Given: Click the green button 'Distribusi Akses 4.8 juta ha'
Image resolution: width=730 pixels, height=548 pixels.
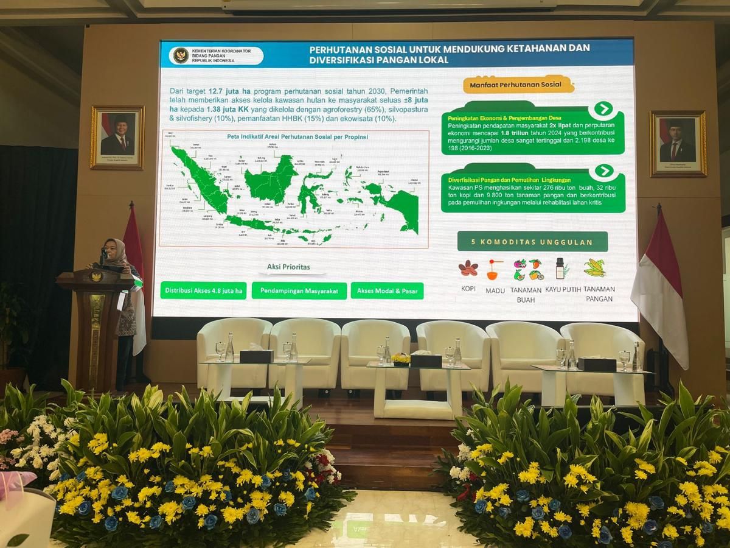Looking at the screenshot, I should [204, 290].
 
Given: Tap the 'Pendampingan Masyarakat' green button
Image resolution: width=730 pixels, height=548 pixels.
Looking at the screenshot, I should [299, 291].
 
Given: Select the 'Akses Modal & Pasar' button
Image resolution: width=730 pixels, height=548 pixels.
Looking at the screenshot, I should [387, 291].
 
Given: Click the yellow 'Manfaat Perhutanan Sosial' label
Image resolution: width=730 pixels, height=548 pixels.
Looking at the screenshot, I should [518, 84].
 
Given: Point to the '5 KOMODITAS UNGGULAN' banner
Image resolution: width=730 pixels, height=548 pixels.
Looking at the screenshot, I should [532, 242].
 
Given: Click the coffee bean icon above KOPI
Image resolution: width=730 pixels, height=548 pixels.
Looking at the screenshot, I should [468, 268].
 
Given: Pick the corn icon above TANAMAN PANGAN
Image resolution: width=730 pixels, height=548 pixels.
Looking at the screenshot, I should [594, 267].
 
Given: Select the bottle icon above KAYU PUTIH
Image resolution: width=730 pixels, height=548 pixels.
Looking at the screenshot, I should [560, 268].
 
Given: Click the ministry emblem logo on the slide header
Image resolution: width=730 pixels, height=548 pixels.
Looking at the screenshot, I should [181, 55].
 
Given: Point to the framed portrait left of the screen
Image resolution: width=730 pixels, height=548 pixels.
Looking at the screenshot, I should [117, 138].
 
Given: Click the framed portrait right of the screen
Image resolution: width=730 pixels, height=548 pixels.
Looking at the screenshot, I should [678, 144].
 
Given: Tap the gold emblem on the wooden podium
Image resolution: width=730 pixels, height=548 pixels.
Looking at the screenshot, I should [96, 277].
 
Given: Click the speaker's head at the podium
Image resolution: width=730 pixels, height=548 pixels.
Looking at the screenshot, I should [116, 249].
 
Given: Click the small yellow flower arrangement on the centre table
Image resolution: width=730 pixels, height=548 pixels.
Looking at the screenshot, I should [401, 358].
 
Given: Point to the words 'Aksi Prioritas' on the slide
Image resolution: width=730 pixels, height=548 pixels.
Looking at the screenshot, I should [288, 267].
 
